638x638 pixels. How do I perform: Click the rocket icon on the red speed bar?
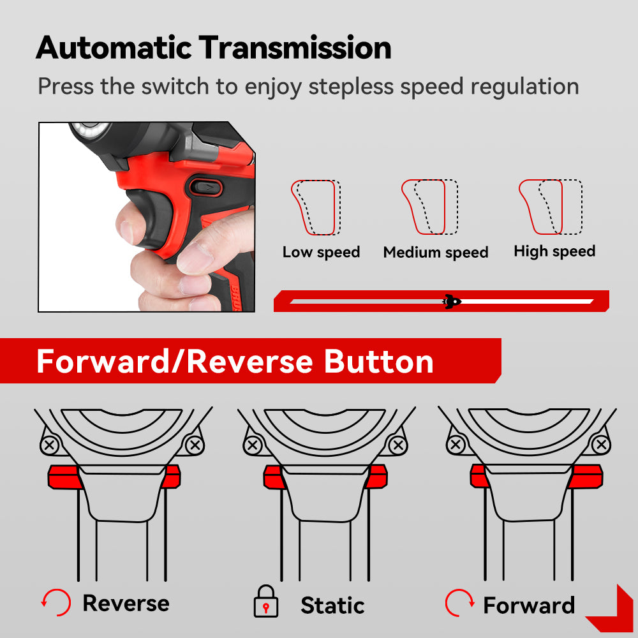(452, 302)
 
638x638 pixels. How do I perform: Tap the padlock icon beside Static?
(265, 602)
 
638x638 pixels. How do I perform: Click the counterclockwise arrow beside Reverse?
(56, 603)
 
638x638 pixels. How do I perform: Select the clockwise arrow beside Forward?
(460, 603)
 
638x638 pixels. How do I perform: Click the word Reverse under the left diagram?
(126, 603)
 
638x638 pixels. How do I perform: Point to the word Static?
(332, 605)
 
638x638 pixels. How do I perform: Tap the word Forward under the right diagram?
(529, 605)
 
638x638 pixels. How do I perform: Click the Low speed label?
(322, 252)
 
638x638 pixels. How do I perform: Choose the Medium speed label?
(436, 252)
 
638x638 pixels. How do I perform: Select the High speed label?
(554, 251)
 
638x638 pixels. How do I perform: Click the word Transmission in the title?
(295, 48)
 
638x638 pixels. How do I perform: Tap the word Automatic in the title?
(114, 48)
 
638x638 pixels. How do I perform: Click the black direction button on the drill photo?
(206, 188)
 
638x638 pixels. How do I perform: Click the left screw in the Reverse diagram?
(50, 445)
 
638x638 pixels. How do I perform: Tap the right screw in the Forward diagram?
(601, 445)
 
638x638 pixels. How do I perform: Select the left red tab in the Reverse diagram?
(64, 477)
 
